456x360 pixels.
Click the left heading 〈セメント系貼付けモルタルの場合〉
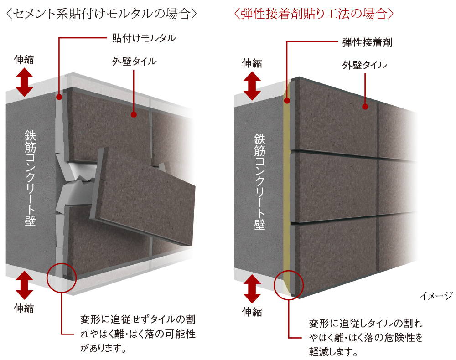click(101, 14)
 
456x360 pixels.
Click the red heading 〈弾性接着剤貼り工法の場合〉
click(314, 14)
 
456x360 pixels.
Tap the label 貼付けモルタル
click(144, 38)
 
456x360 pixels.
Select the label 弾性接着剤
click(367, 42)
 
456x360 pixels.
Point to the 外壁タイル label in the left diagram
click(134, 62)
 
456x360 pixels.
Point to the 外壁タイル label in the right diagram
click(364, 65)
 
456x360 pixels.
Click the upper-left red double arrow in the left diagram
click(24, 82)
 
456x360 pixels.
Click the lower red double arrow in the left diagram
click(24, 285)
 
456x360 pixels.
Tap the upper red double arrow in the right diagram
click(252, 86)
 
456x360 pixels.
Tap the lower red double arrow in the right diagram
click(252, 289)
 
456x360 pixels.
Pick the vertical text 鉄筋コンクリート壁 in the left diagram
click(30, 178)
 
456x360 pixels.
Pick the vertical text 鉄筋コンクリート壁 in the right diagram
click(259, 181)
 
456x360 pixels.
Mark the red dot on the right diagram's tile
click(365, 107)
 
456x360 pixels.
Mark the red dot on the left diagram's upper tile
click(134, 114)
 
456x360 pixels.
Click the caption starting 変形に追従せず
click(138, 334)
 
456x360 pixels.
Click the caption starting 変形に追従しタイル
click(366, 337)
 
